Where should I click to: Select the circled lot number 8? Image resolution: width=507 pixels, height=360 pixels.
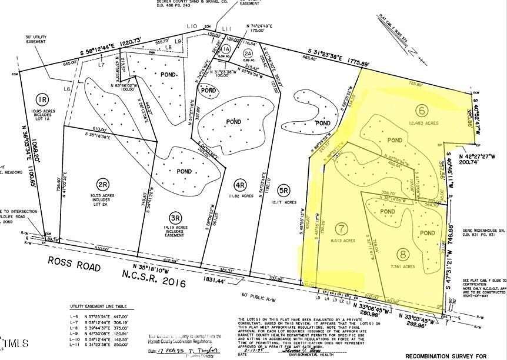[x=402, y=255]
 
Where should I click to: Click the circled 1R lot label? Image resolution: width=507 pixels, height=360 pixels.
[x=41, y=99]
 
